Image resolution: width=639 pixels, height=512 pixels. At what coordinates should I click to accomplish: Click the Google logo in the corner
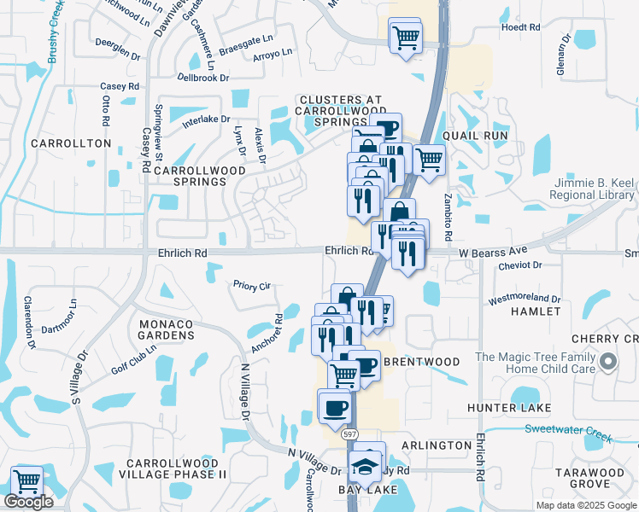click(x=28, y=502)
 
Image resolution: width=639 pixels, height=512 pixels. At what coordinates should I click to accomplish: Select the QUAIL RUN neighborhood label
click(x=476, y=136)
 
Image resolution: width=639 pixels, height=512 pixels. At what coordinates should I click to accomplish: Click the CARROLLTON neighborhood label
click(x=71, y=143)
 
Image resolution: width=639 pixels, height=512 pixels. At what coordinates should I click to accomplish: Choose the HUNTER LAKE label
click(x=509, y=408)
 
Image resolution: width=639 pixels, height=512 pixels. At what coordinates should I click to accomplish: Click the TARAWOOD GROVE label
click(x=589, y=478)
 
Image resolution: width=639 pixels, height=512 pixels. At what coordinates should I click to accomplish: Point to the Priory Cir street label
click(x=252, y=286)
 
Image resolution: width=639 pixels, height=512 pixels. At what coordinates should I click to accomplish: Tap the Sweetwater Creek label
click(x=568, y=433)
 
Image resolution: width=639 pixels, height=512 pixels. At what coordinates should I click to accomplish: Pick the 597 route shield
click(x=349, y=434)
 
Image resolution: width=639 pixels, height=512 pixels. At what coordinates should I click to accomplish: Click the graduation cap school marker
click(x=366, y=467)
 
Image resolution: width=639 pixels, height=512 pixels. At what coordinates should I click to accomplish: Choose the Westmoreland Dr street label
click(x=525, y=300)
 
